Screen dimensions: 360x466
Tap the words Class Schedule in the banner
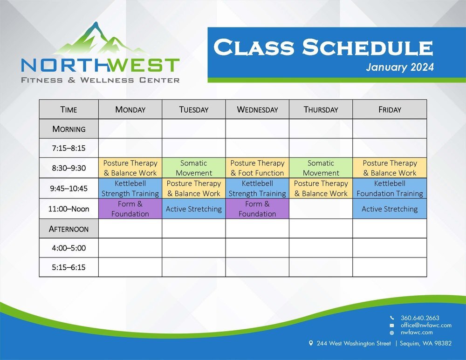point(323,48)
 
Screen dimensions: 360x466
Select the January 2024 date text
point(399,67)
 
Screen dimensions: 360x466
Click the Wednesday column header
point(257,109)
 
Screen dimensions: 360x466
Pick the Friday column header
point(390,109)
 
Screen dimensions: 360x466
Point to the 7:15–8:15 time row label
point(69,149)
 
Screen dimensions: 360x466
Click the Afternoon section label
point(69,229)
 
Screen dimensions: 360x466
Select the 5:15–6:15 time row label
point(69,267)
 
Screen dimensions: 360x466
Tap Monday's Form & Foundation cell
point(130,209)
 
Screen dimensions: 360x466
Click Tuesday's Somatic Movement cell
point(193,168)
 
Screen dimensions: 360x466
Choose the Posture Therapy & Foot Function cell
point(257,168)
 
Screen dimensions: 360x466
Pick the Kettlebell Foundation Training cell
point(390,189)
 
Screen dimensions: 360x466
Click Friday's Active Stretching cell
point(390,209)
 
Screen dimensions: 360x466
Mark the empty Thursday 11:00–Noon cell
point(321,209)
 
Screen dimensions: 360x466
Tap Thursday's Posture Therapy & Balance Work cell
point(321,189)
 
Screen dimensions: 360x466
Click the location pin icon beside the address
point(311,343)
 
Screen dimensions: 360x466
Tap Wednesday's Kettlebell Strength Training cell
point(257,189)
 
